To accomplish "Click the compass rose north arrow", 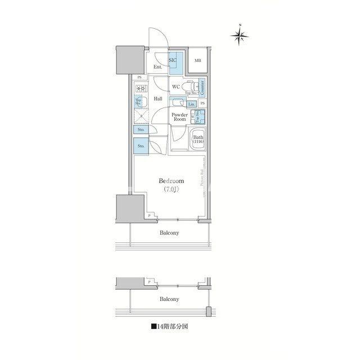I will click(240, 35).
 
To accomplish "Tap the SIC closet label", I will click(173, 60).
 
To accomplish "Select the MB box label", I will click(197, 61).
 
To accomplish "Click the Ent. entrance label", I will click(158, 67).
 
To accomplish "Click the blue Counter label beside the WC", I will click(201, 87).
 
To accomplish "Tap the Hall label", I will click(158, 98).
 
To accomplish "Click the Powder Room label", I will click(179, 117).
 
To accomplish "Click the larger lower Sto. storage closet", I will click(141, 146).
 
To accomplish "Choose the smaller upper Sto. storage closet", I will click(141, 130).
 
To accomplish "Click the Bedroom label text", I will click(172, 181).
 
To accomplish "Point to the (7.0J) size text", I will click(172, 190).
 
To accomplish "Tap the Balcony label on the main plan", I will click(168, 232).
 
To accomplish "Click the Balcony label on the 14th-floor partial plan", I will click(168, 299).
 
